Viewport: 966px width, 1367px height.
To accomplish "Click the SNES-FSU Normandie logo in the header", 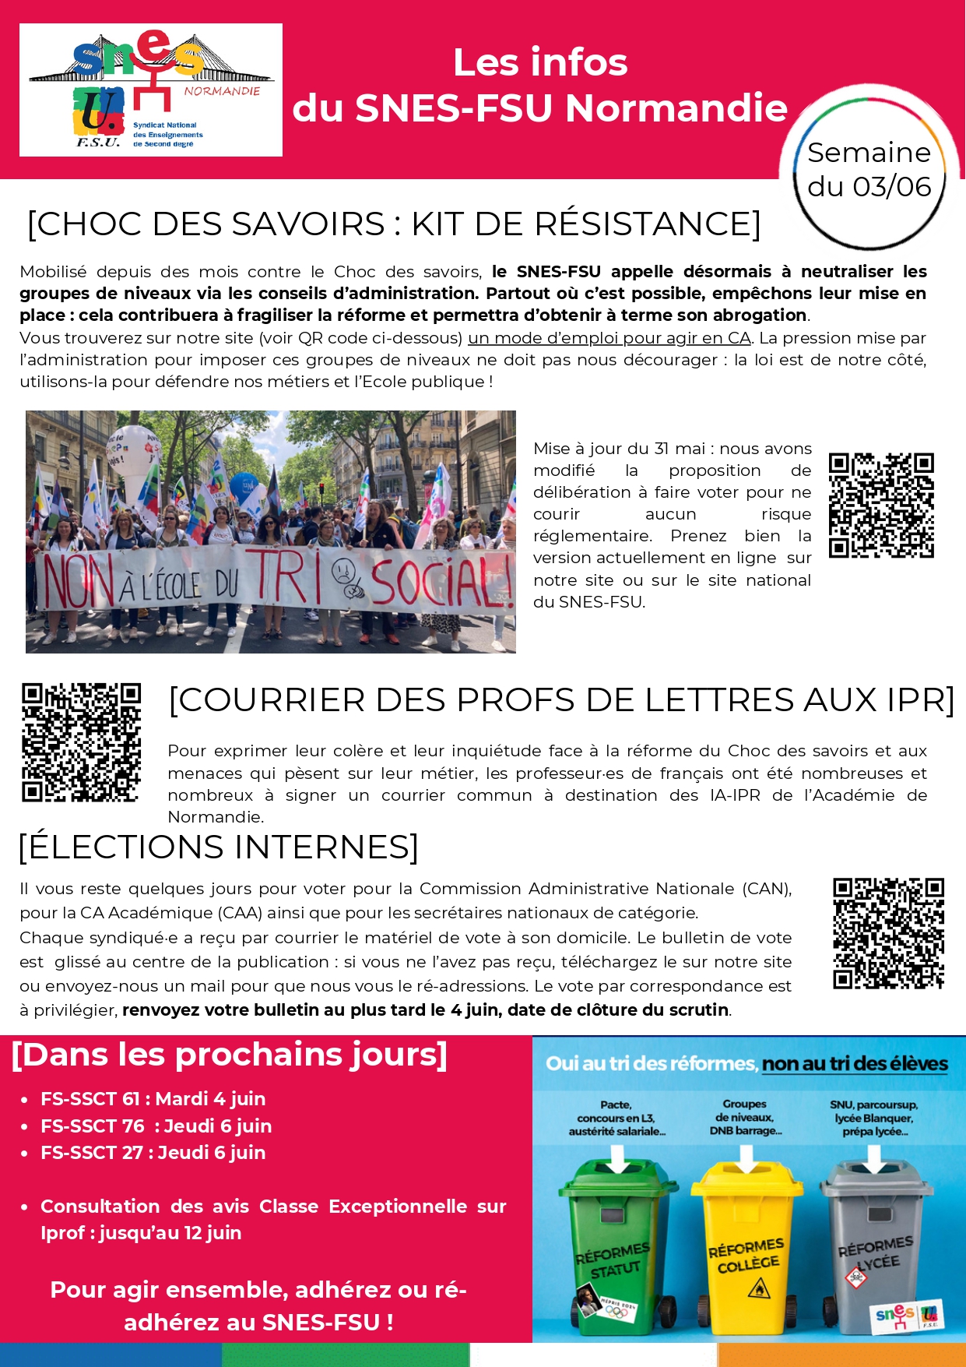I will point(150,90).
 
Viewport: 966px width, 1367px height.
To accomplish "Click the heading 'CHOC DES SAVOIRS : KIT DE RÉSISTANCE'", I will point(394,224).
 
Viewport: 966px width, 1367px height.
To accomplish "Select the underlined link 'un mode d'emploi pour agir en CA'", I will point(609,338).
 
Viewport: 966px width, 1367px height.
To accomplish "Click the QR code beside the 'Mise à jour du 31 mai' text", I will point(881,506).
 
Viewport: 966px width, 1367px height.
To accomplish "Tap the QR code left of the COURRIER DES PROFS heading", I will point(81,742).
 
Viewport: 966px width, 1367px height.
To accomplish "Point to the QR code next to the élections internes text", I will point(888,933).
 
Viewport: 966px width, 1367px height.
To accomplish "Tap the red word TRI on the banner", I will point(282,577).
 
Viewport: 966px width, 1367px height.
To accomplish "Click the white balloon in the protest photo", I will point(133,456).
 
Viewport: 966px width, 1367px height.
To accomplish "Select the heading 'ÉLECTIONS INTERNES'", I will point(219,847).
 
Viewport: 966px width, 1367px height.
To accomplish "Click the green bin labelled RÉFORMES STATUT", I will point(616,1242).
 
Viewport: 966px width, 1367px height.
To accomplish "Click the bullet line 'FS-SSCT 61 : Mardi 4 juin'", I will point(153,1099).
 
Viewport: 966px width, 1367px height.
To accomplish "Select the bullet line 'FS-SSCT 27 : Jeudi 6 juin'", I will point(153,1153).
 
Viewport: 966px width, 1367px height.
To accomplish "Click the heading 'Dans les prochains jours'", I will point(230,1055).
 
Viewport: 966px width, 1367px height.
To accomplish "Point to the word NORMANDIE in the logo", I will point(222,91).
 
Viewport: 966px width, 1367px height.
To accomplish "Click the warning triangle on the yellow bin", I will point(758,1290).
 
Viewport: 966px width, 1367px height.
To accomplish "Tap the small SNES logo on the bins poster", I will point(908,1316).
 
